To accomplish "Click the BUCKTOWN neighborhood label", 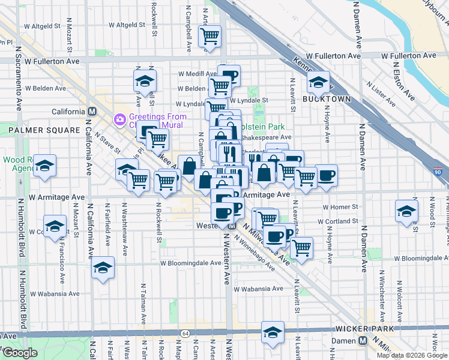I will click(x=326, y=98).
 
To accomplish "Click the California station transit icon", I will click(x=92, y=112).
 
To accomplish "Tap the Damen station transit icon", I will click(x=362, y=340).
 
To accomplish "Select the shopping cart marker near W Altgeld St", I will click(x=209, y=37).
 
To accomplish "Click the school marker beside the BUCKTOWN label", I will click(x=318, y=82).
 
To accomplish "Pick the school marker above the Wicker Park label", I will click(x=273, y=332).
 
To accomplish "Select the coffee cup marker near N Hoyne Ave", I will click(x=327, y=175).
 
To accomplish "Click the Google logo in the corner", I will click(x=20, y=353).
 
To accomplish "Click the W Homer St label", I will click(x=340, y=207).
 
